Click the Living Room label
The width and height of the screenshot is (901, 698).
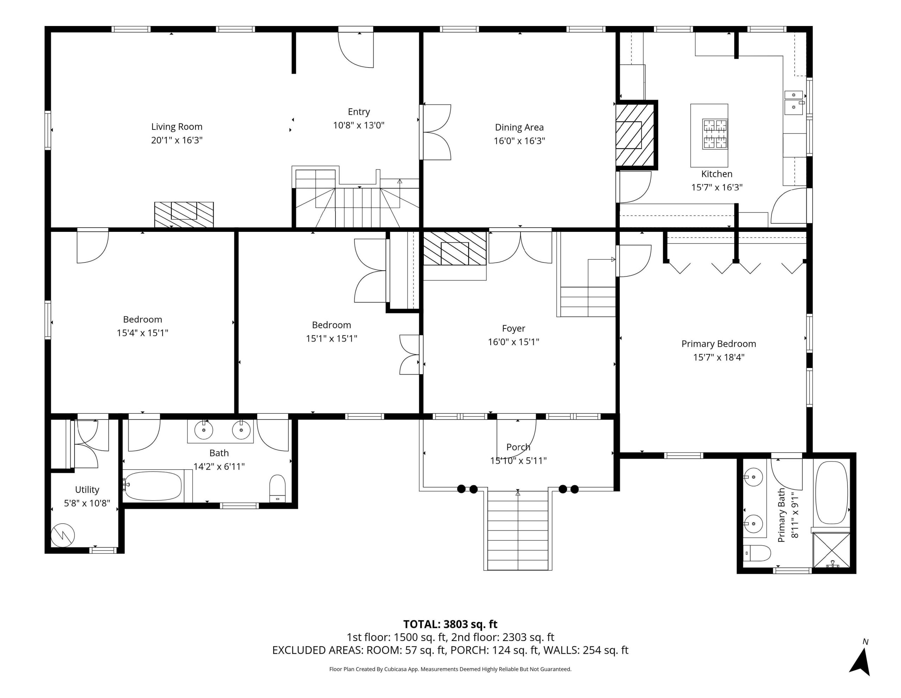coord(177,127)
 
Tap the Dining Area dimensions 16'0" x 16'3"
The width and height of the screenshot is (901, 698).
coord(519,141)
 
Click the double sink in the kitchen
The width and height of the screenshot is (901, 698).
coord(794,103)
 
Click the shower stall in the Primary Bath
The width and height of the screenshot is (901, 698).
coord(831,550)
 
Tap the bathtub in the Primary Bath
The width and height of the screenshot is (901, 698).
coord(832,493)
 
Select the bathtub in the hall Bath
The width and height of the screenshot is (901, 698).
coord(153,486)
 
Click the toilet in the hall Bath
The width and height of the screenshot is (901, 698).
coord(277,488)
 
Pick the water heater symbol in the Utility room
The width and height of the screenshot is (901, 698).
coord(63,535)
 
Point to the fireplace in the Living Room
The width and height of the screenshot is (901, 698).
coord(184,214)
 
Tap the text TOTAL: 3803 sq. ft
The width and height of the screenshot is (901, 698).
coord(450,624)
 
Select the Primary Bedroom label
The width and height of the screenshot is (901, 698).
coord(719,344)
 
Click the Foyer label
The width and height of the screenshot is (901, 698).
coord(513,329)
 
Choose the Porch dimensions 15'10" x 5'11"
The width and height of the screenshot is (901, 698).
coord(518,461)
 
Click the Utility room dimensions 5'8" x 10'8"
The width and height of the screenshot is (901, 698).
coord(87,503)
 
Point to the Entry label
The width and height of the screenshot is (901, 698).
coord(359,112)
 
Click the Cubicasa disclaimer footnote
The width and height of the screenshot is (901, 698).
coord(450,669)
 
